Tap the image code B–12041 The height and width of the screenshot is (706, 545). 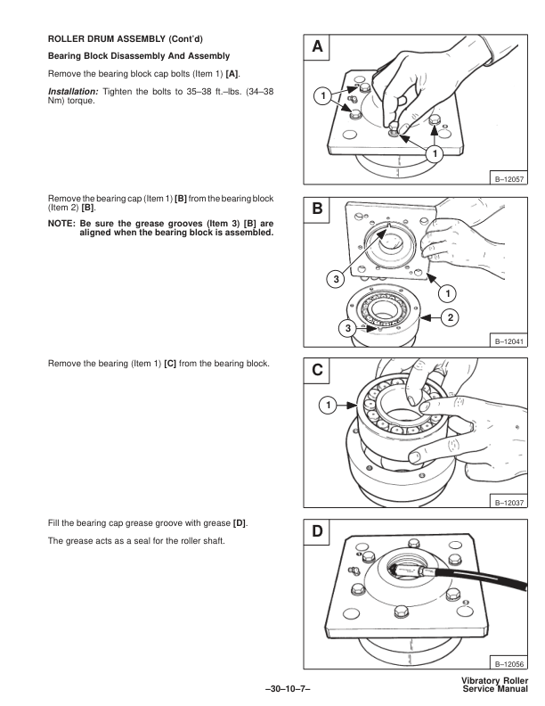point(500,338)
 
